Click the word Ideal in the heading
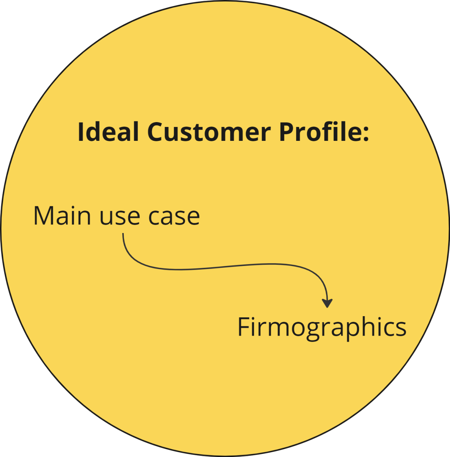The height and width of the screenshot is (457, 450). [x=108, y=132]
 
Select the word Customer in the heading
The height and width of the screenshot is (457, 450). [x=208, y=132]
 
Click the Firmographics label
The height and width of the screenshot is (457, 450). [x=322, y=327]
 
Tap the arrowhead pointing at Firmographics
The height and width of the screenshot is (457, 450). [x=327, y=303]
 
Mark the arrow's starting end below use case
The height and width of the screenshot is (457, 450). [x=123, y=234]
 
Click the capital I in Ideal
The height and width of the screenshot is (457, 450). [x=80, y=132]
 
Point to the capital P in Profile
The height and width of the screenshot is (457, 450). [x=286, y=132]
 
